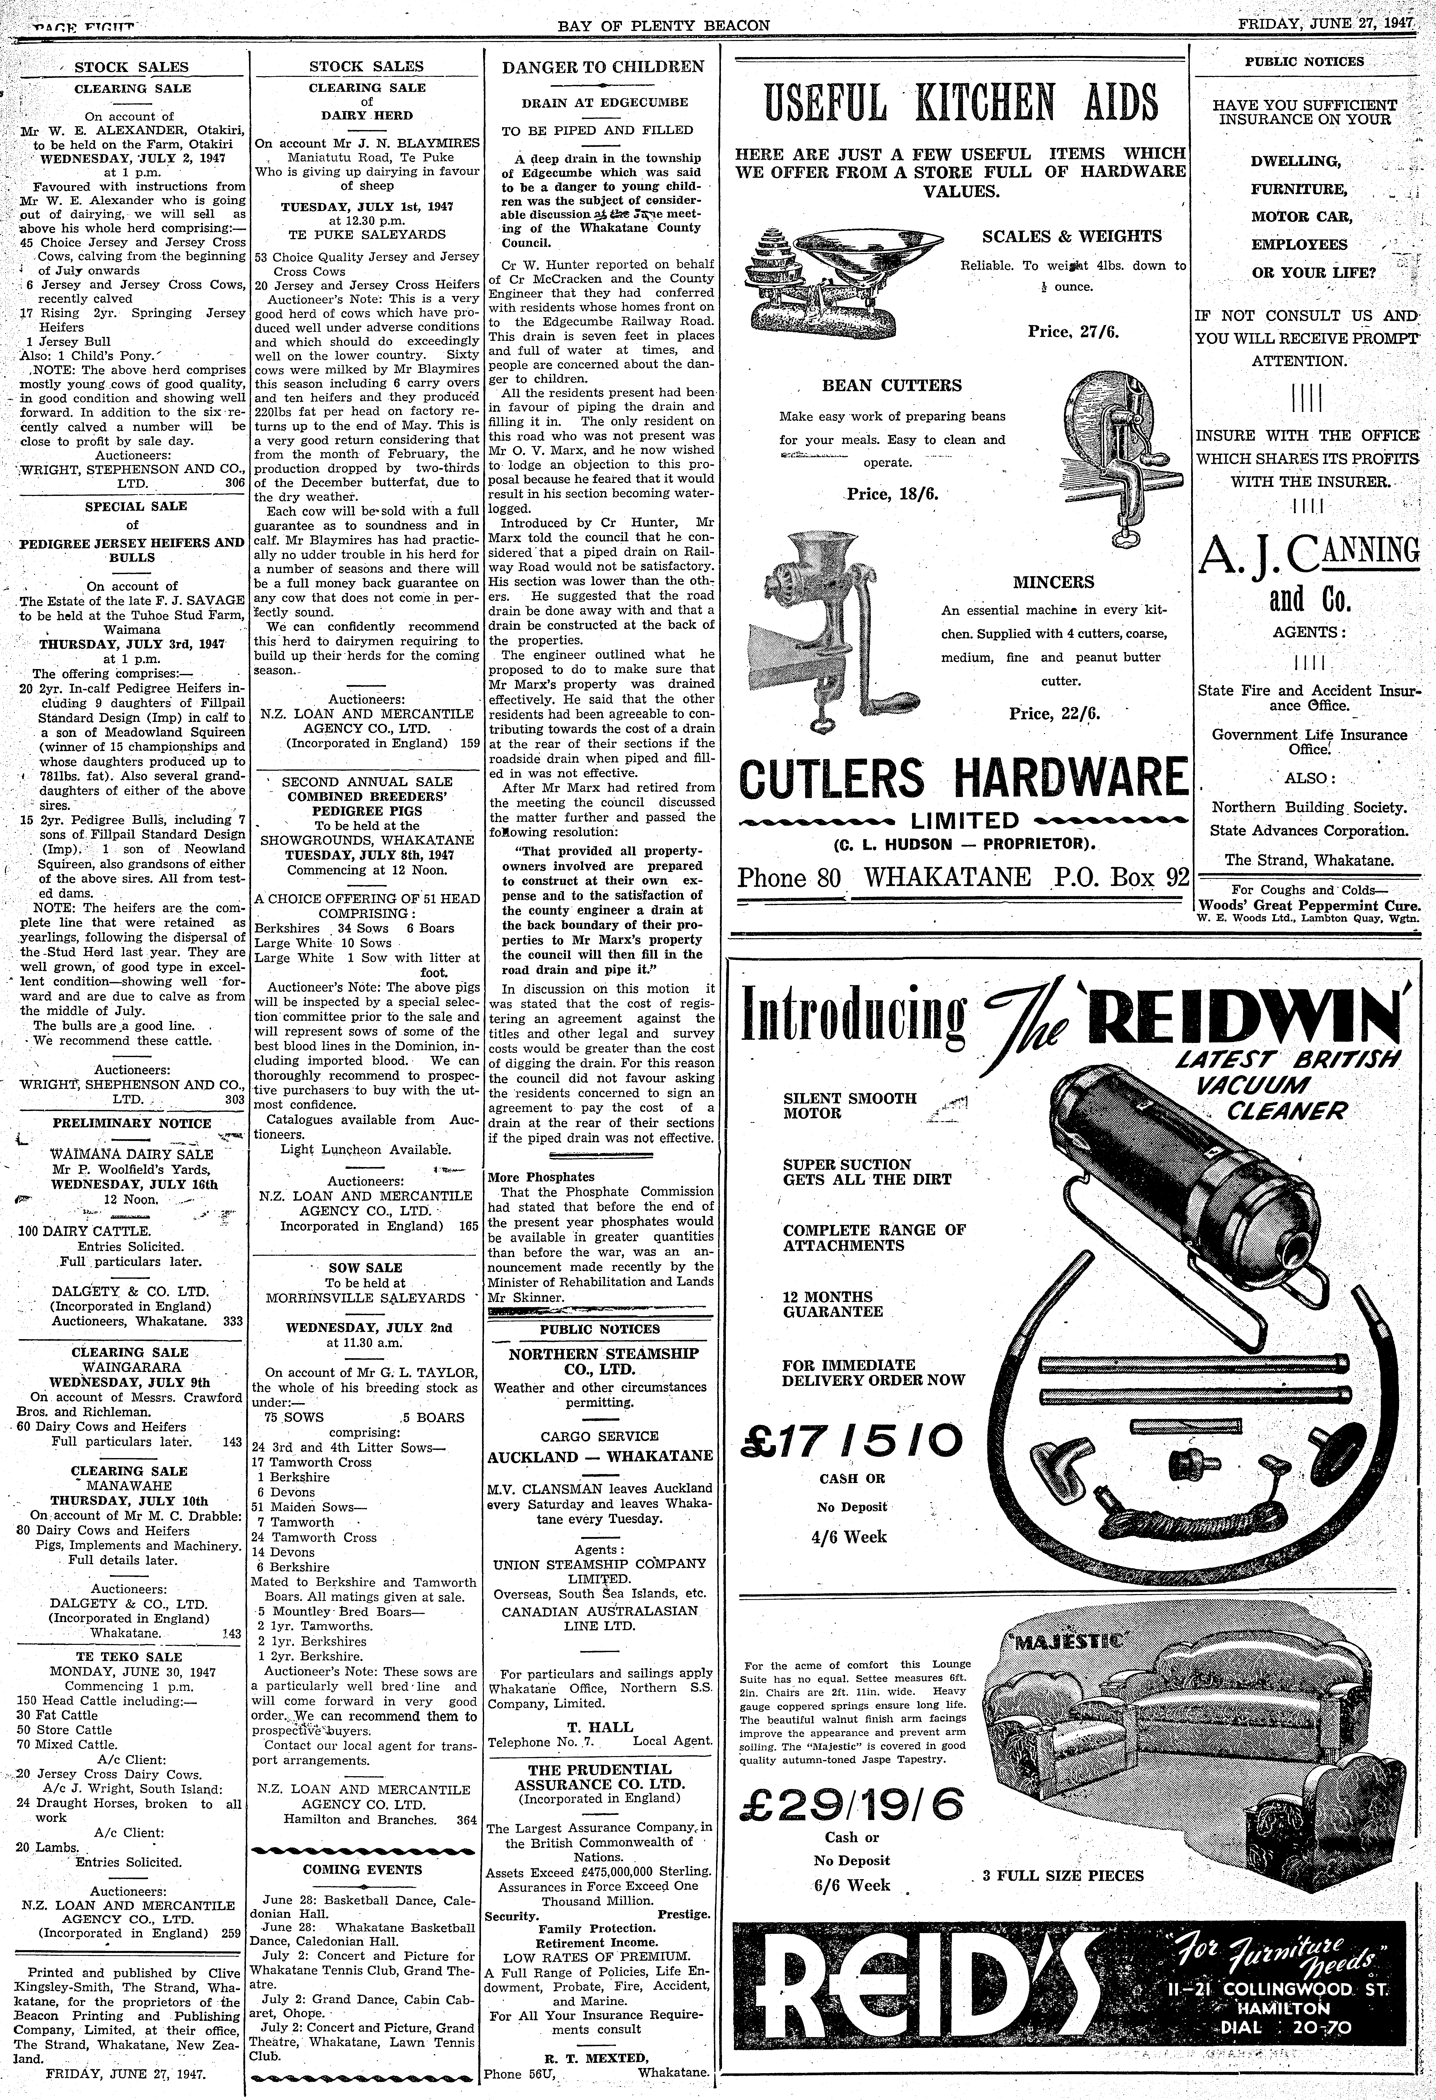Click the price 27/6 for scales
click(1073, 332)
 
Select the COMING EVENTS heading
click(362, 1870)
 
